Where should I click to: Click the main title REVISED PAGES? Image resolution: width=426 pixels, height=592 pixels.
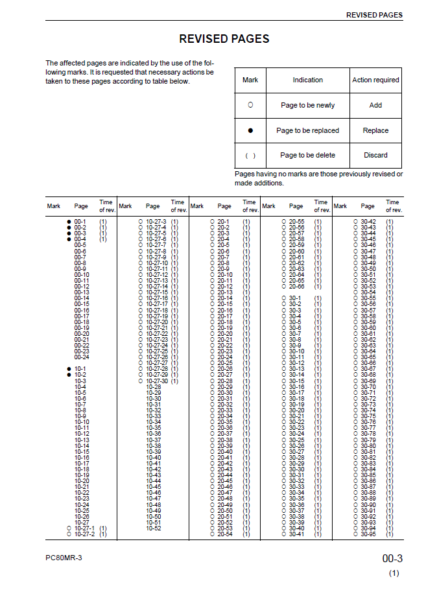point(224,39)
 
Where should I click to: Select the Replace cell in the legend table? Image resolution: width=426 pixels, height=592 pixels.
point(375,130)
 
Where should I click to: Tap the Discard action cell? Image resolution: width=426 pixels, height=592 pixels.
point(375,156)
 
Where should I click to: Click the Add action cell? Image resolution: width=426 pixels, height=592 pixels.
point(375,105)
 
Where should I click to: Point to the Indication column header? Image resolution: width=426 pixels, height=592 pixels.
point(307,80)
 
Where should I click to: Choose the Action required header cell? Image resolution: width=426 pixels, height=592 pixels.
point(375,80)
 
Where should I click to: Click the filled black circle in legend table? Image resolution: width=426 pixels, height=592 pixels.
point(250,130)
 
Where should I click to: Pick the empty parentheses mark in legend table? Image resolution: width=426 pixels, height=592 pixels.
point(250,156)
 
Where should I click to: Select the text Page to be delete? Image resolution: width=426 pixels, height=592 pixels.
point(307,156)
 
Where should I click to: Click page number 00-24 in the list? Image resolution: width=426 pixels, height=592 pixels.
point(82,357)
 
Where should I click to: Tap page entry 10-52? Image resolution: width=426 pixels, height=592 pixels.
point(154,528)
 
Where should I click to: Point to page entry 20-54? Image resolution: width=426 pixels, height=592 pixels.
point(225,534)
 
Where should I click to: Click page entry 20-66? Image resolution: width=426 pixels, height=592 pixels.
point(296,287)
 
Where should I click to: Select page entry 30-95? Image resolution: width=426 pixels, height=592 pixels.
point(368,534)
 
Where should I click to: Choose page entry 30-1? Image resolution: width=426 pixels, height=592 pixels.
point(294,298)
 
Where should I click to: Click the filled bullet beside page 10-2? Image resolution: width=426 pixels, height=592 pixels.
point(69,375)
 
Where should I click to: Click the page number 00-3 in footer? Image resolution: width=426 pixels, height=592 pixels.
point(392,559)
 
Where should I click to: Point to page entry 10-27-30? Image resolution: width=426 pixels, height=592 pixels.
point(157,381)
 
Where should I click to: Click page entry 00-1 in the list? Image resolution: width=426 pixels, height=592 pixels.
point(80,222)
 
